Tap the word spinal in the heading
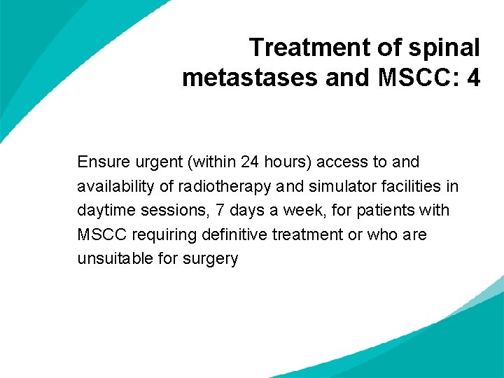tap(447, 48)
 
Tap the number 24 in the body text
tap(250, 162)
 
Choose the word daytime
tap(104, 210)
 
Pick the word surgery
tap(211, 259)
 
